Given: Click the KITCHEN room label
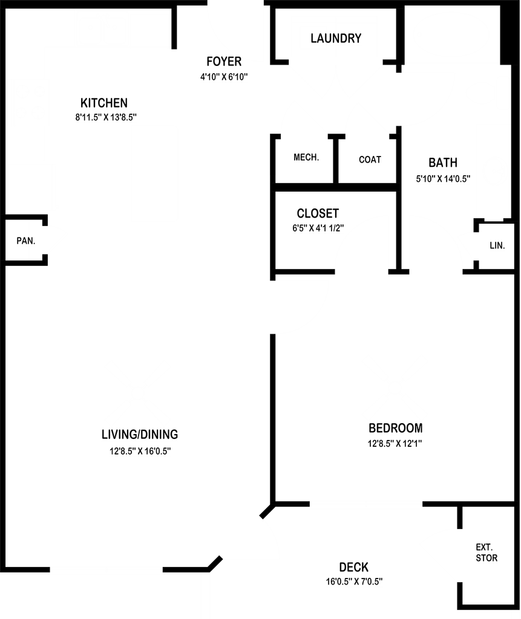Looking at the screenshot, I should click(x=105, y=102).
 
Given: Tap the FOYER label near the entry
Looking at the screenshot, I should click(x=224, y=62).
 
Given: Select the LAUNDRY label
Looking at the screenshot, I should click(x=336, y=39).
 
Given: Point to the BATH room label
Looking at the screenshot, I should click(x=443, y=163).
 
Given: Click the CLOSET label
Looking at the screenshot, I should click(x=318, y=213).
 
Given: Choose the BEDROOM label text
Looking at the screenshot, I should click(x=396, y=428).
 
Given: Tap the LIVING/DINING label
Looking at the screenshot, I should click(x=140, y=434).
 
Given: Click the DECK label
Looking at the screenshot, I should click(x=354, y=567).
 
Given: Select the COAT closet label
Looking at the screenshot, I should click(x=370, y=159).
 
